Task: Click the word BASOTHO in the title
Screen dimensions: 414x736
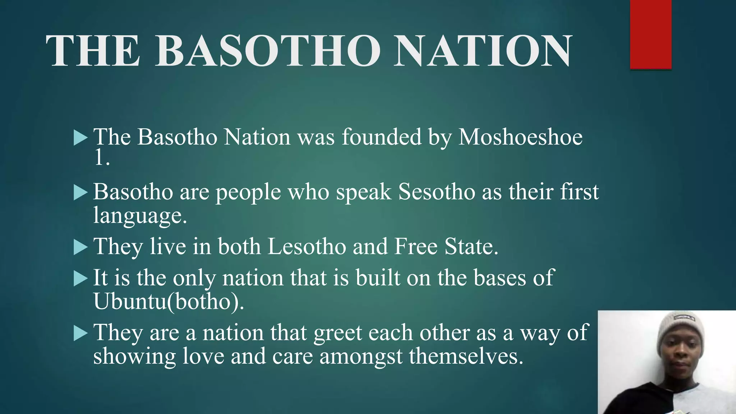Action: [268, 51]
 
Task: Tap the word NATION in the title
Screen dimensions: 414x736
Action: [482, 51]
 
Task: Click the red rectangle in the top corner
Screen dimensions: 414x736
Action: [651, 34]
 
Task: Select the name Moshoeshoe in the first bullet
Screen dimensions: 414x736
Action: [520, 137]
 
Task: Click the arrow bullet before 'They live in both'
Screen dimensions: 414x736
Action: [80, 247]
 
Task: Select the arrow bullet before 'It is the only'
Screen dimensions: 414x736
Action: [80, 279]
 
